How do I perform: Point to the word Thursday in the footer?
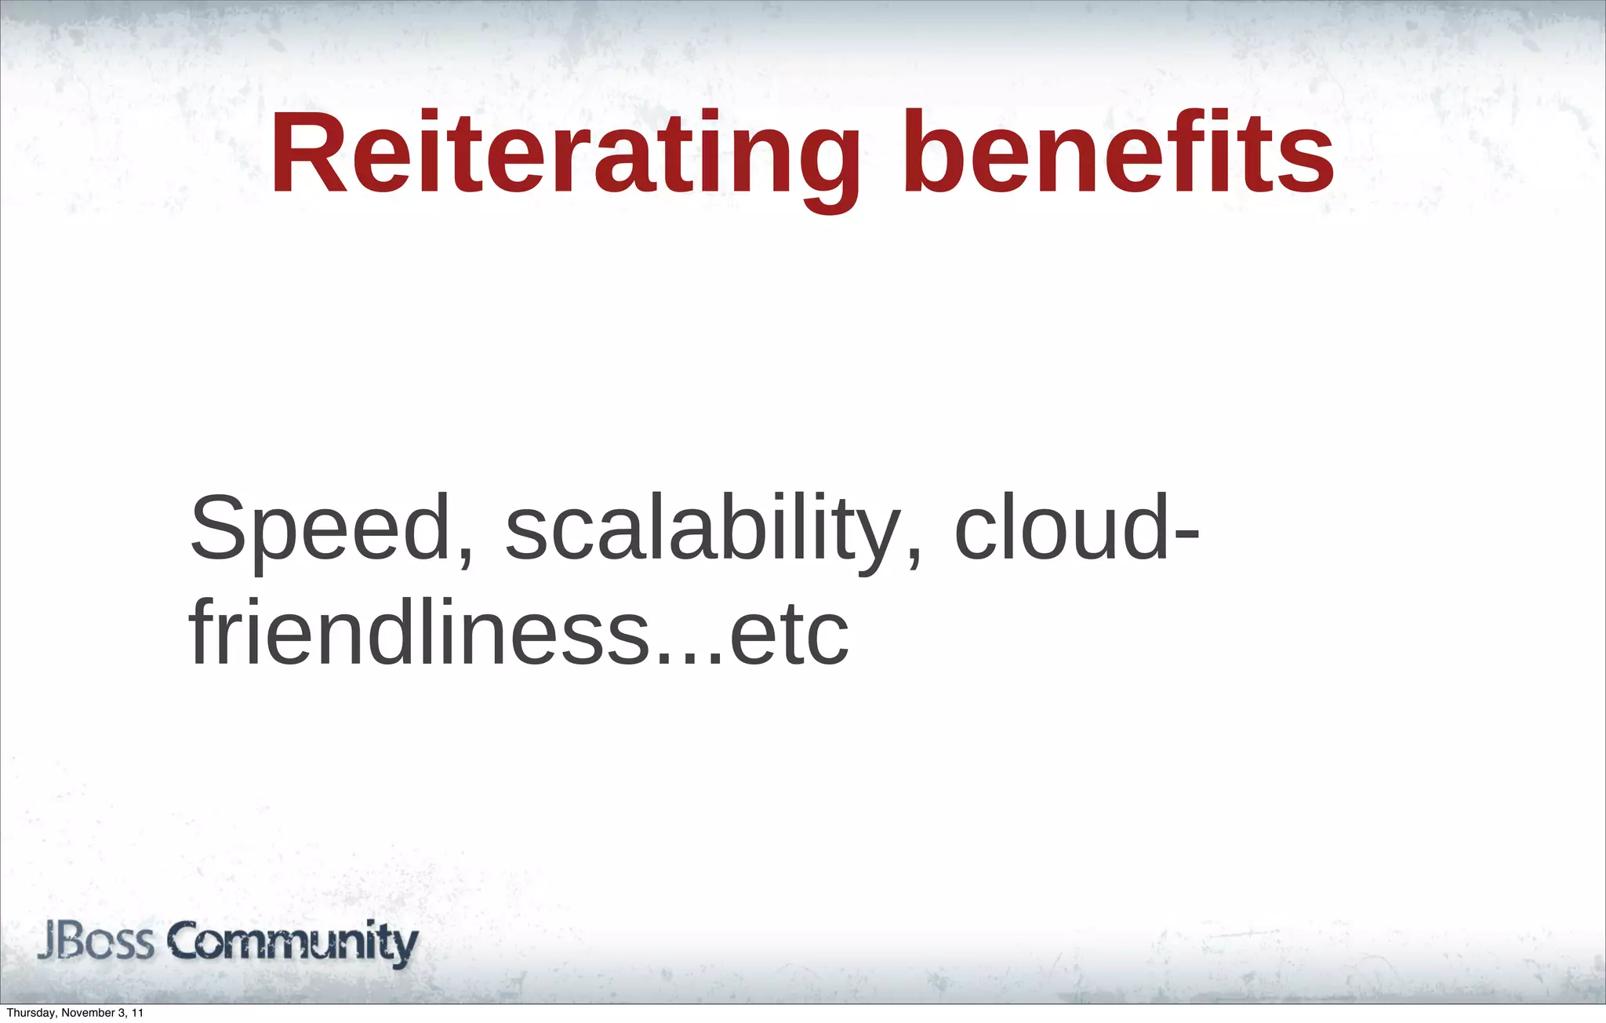[29, 1013]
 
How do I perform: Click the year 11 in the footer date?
[137, 1013]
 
